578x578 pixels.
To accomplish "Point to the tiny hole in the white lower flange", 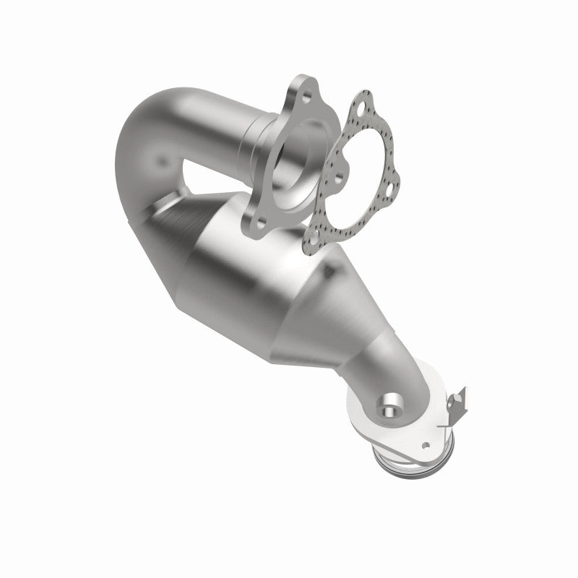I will pos(426,446).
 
